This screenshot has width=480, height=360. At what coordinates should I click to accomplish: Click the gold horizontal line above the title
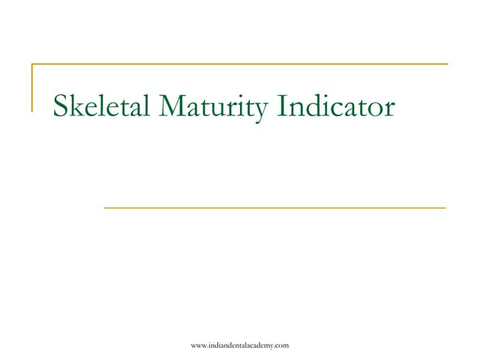[240, 64]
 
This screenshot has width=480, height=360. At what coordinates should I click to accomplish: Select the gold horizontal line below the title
[274, 206]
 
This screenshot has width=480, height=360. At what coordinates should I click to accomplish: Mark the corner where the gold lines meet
[32, 64]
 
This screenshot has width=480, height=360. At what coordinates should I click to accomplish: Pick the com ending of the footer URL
[281, 344]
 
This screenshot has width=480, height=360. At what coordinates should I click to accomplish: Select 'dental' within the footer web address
[232, 344]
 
